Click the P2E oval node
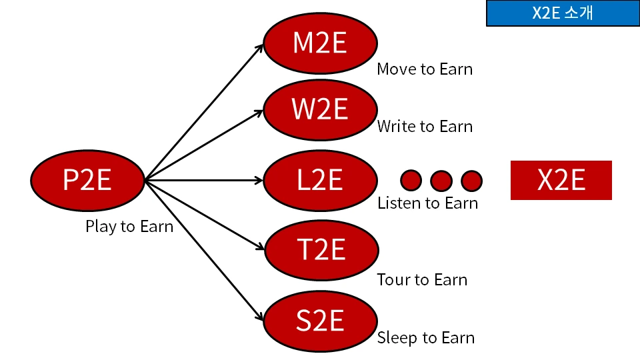87,180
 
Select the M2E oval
321,44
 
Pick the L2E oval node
321,180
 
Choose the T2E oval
321,251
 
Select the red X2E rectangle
561,180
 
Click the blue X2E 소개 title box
562,14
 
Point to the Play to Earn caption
129,227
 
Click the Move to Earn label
425,69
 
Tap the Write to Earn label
425,126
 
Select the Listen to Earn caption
427,203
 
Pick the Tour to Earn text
422,279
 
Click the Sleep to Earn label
426,337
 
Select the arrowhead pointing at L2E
259,180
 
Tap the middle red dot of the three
441,180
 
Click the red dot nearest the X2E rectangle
471,180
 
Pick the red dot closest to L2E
411,180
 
